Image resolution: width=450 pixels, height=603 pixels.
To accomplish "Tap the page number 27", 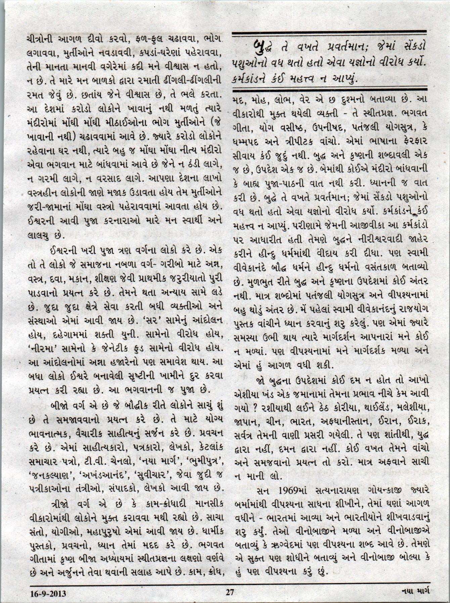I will (230, 592).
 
